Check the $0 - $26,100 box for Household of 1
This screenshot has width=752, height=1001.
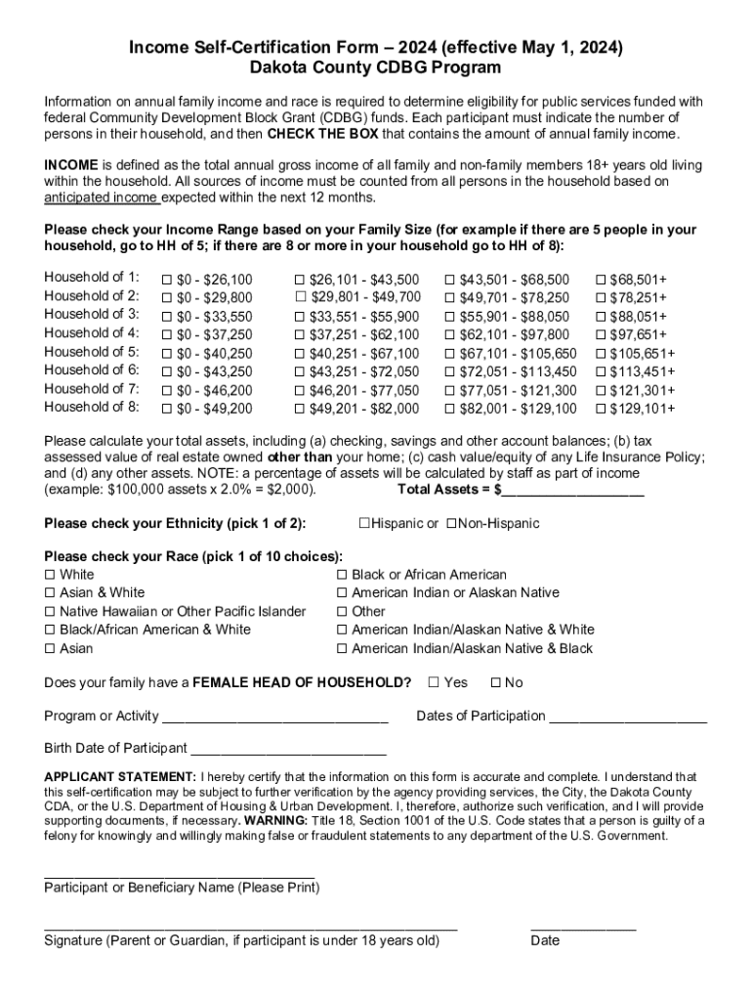tap(167, 279)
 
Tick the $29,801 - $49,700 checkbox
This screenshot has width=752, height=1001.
tap(302, 297)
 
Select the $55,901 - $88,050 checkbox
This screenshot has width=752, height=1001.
tap(450, 317)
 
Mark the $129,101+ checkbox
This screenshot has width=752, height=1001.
tap(601, 409)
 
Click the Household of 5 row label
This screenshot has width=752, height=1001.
tap(92, 352)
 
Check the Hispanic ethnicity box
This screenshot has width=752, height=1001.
tap(363, 524)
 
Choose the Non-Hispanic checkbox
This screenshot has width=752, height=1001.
tap(451, 524)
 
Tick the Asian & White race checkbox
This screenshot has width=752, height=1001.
tap(50, 593)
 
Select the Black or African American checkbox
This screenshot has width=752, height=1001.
tap(342, 575)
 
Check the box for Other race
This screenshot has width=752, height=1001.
tap(342, 612)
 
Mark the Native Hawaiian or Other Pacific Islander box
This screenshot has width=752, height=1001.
tap(50, 612)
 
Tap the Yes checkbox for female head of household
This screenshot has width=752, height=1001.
tap(434, 682)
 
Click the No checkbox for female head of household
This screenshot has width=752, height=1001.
tap(495, 682)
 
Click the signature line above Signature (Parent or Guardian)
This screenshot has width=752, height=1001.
tap(251, 924)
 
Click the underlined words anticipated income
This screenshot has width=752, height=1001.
tap(102, 198)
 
